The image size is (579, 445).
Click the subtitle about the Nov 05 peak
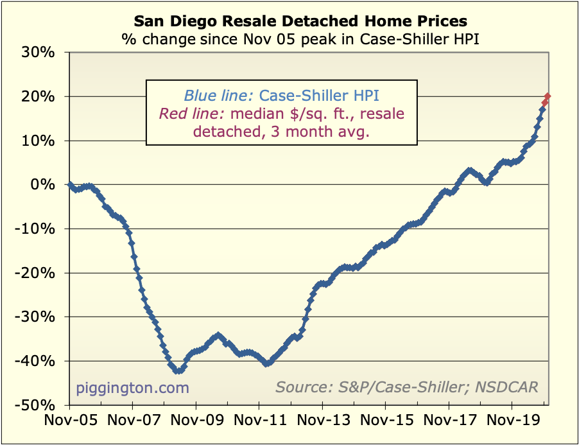(x=301, y=39)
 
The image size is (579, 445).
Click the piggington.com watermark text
(x=133, y=387)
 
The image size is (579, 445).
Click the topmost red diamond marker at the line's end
(x=548, y=96)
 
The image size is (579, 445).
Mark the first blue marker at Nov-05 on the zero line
(x=69, y=184)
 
